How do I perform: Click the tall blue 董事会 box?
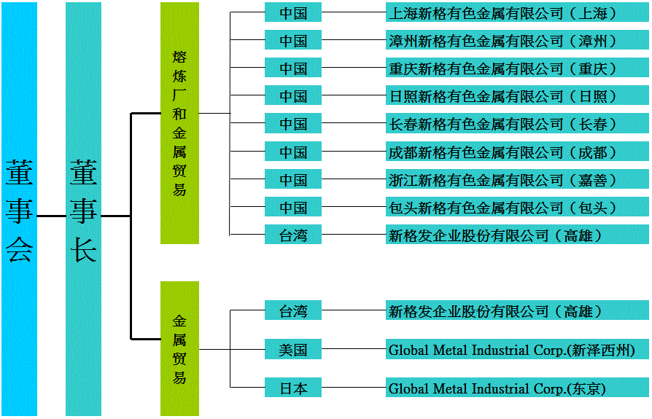pyautogui.click(x=19, y=210)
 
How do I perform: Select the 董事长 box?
pyautogui.click(x=83, y=210)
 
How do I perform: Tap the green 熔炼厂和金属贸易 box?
pyautogui.click(x=179, y=122)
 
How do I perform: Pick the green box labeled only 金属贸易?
pyautogui.click(x=179, y=348)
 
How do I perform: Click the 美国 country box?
pyautogui.click(x=293, y=350)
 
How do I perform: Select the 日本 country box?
pyautogui.click(x=293, y=388)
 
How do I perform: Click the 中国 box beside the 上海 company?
pyautogui.click(x=293, y=13)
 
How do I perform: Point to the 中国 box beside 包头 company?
pyautogui.click(x=293, y=208)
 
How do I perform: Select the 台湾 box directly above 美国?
pyautogui.click(x=293, y=311)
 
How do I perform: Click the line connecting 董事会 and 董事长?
pyautogui.click(x=51, y=216)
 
